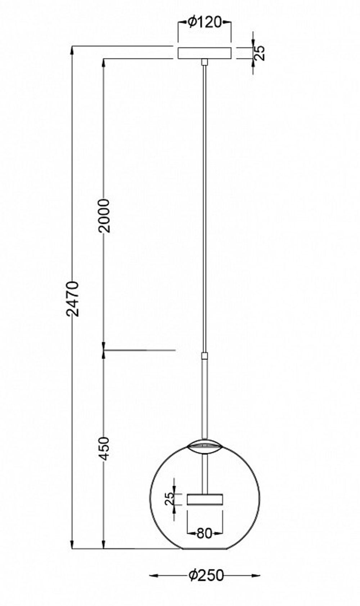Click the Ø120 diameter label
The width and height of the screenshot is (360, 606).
coord(204,23)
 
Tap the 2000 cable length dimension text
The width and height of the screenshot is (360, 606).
coord(104,215)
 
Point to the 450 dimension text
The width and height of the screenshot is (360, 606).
coord(104,448)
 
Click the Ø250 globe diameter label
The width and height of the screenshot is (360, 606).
coord(206,575)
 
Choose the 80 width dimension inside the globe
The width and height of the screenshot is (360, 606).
coord(204,533)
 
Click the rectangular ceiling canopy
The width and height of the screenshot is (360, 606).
coord(204,53)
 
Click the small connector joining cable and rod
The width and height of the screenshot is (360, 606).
coord(204,356)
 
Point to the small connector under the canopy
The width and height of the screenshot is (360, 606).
coord(204,62)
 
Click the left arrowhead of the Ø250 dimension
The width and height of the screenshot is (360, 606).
coord(153,575)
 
